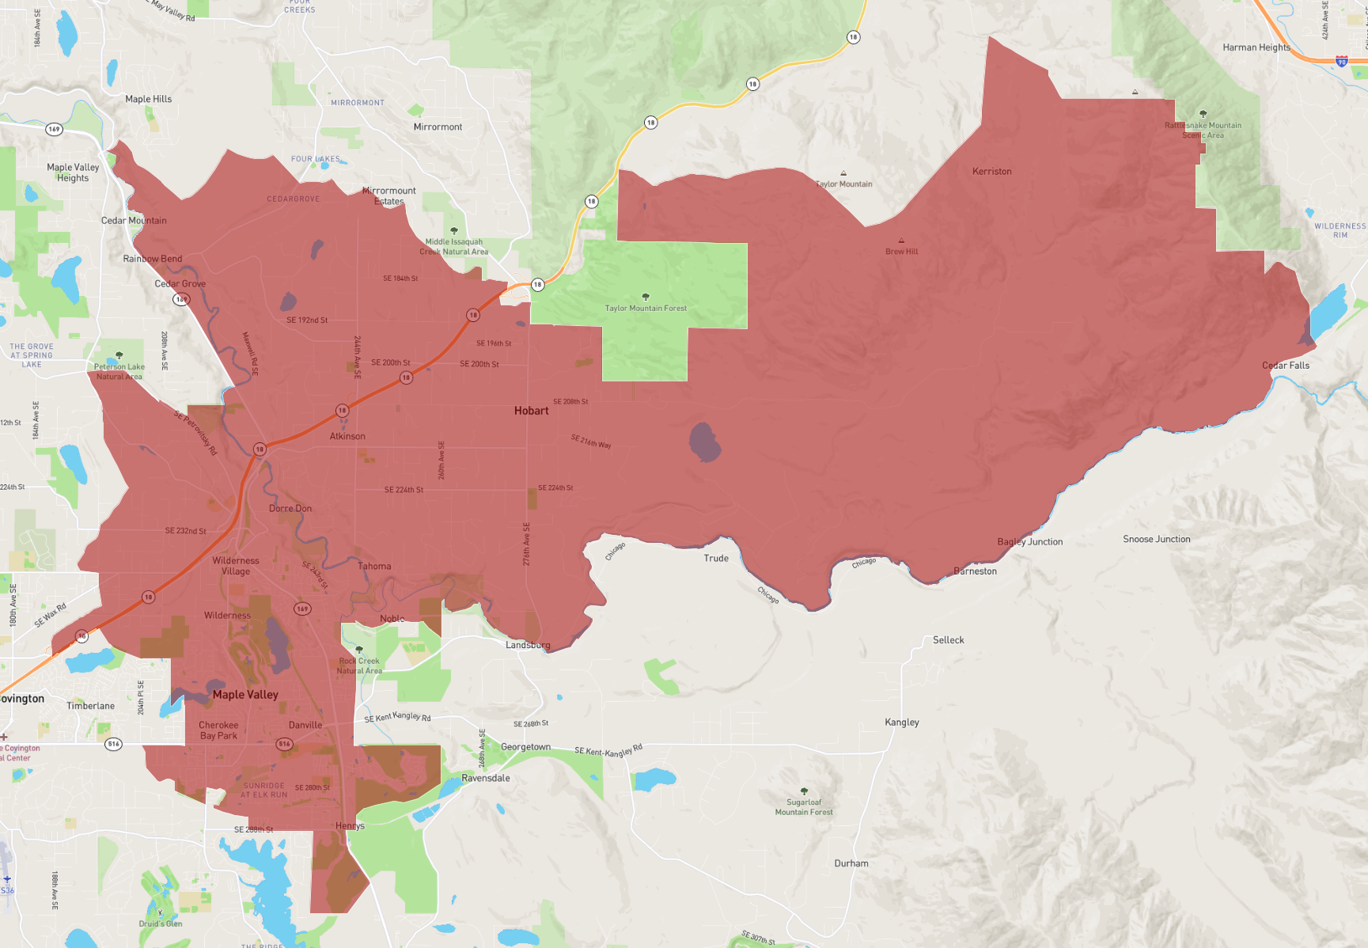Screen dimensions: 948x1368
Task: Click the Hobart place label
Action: (x=531, y=411)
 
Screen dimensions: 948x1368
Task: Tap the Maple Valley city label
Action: (x=245, y=695)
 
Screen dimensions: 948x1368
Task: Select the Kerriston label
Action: (x=991, y=172)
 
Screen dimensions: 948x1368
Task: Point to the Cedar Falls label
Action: (x=1285, y=366)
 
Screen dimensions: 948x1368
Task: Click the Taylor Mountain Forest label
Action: (x=646, y=309)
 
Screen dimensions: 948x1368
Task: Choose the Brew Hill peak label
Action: (x=901, y=252)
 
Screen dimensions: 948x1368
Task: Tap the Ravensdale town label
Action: (x=485, y=779)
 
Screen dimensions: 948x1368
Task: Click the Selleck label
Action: (x=948, y=640)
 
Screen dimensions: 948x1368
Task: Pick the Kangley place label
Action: (x=901, y=722)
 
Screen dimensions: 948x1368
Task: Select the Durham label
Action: (x=851, y=864)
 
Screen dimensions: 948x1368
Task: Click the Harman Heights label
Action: (x=1256, y=47)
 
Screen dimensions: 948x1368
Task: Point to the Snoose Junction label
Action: (x=1156, y=540)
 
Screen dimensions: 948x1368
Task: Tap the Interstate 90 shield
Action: (x=1341, y=61)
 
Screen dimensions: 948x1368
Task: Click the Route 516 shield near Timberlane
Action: (x=114, y=744)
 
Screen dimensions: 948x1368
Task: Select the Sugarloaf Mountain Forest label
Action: (x=804, y=807)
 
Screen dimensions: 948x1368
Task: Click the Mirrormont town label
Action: (x=438, y=127)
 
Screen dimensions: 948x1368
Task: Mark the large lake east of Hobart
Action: (x=703, y=442)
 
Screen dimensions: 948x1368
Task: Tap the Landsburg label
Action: (x=528, y=646)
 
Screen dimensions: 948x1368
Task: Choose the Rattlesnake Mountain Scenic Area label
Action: (x=1203, y=131)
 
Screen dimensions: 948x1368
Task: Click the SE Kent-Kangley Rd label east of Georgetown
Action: (x=608, y=751)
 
